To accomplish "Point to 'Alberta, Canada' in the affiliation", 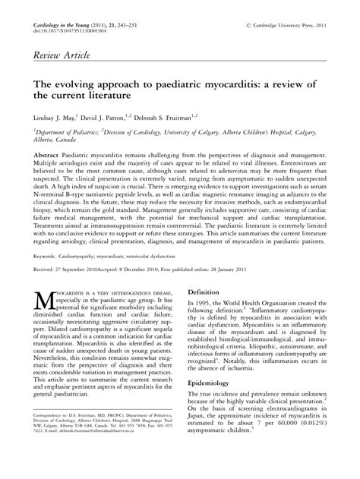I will (51, 140).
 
